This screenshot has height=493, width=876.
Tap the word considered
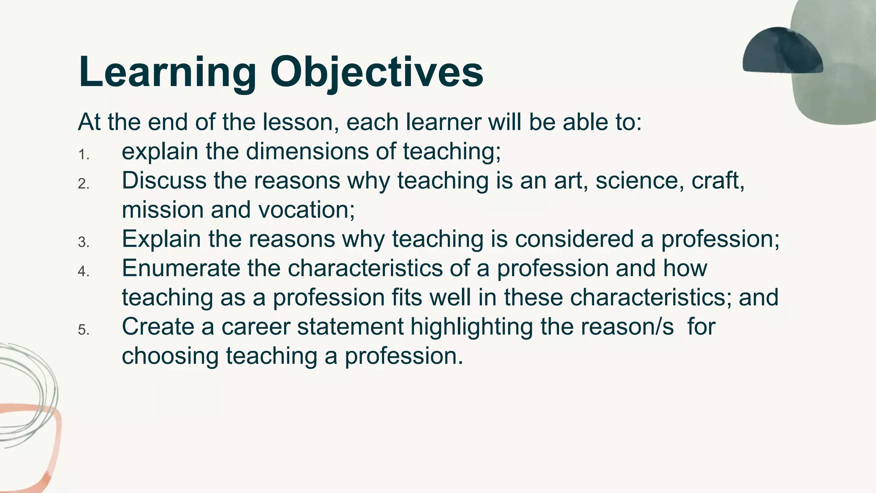click(574, 239)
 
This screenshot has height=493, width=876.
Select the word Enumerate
click(181, 268)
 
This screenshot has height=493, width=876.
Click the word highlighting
click(472, 327)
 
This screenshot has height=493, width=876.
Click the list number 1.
click(83, 155)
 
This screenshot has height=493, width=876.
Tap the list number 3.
click(83, 243)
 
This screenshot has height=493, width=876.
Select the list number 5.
click(83, 330)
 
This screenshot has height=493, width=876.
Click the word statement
click(350, 327)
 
